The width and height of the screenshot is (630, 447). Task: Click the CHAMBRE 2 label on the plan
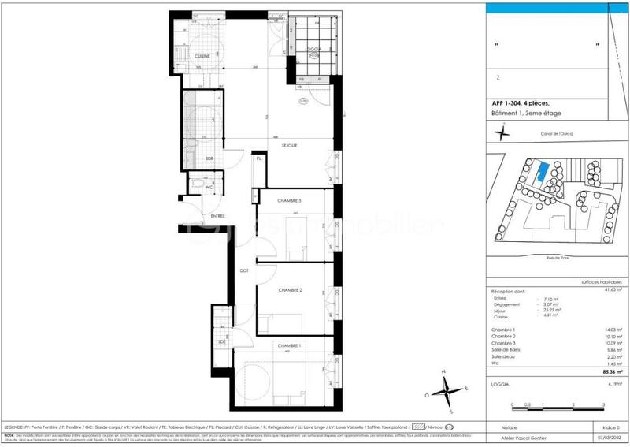291,290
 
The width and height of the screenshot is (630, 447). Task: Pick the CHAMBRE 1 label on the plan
287,345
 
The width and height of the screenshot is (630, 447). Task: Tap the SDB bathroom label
209,159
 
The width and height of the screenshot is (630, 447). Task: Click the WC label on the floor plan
209,187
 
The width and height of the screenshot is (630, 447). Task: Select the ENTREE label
217,215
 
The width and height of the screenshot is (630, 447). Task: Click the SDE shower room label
222,341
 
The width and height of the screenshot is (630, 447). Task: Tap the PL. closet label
258,160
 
